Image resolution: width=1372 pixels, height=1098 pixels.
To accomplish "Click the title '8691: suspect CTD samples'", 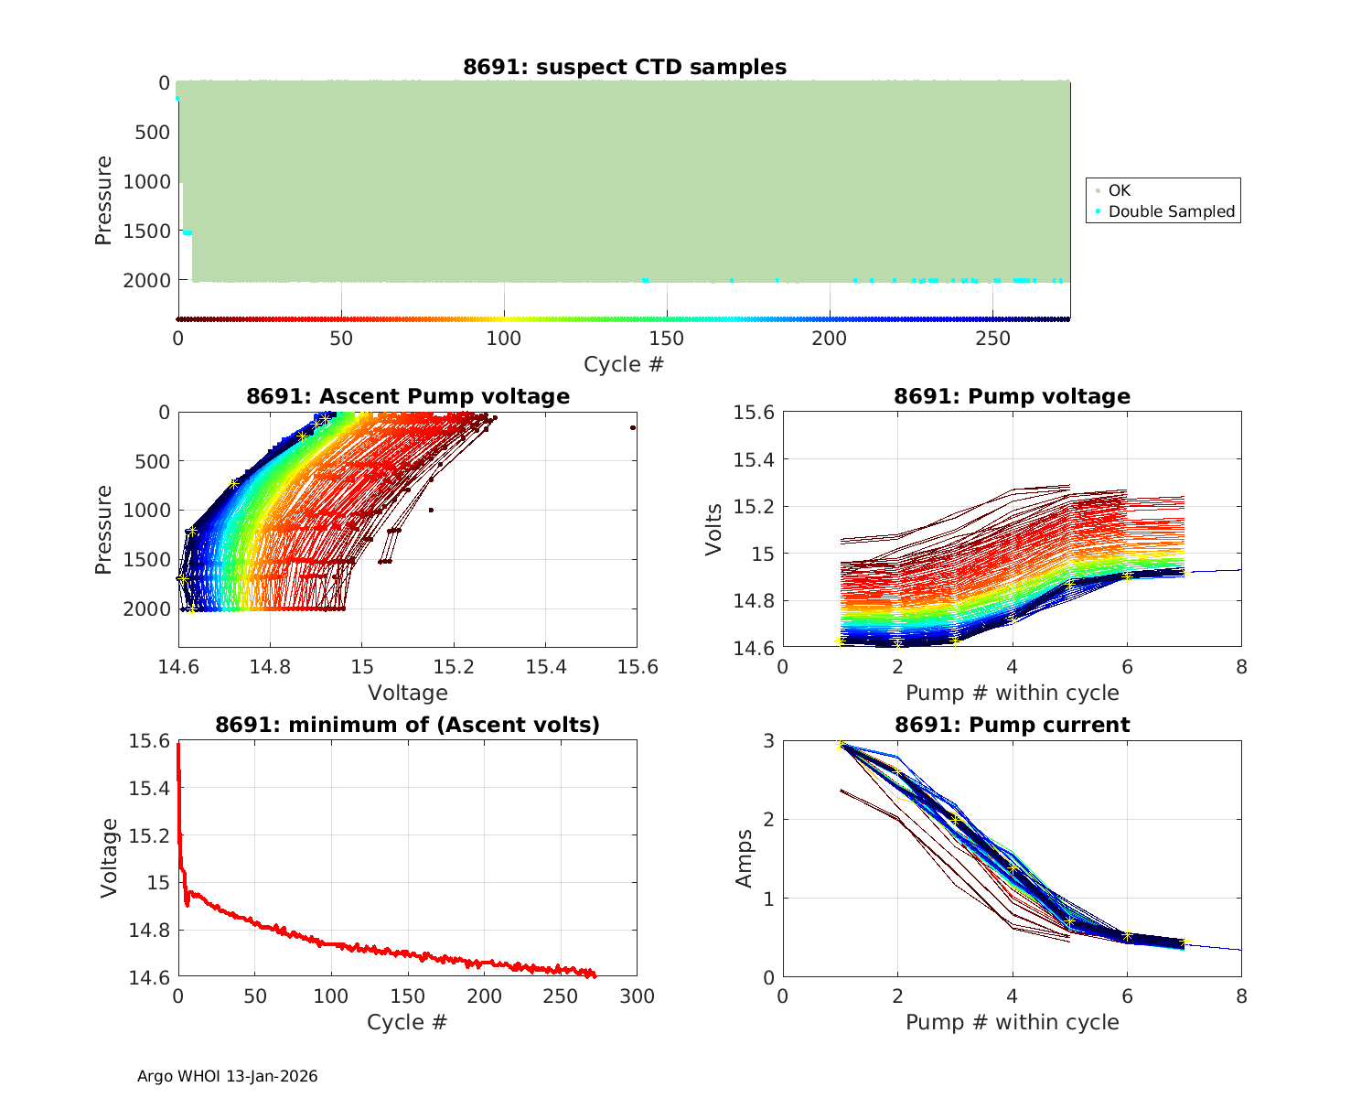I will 625,67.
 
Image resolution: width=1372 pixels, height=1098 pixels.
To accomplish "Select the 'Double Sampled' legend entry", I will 1171,211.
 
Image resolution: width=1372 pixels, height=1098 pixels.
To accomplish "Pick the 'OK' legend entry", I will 1119,190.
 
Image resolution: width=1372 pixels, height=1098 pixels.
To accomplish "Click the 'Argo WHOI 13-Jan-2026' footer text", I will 227,1076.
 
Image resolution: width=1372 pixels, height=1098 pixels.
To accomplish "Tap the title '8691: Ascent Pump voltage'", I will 408,396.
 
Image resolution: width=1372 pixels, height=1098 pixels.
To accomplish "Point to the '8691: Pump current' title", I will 1012,725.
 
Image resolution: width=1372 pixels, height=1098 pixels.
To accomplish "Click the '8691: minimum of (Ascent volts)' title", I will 408,725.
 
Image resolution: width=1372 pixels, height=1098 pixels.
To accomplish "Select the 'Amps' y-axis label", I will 745,858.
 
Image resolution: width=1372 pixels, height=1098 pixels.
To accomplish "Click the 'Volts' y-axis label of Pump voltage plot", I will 714,530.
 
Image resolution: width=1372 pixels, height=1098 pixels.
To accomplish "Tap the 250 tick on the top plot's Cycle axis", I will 993,339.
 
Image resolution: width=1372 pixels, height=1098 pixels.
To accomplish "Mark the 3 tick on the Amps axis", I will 768,740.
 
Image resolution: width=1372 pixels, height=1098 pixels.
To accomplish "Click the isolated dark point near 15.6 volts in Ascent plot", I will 633,427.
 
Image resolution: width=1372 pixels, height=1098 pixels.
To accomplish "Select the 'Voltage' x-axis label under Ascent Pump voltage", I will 408,693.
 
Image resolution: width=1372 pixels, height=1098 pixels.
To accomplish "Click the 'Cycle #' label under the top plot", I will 624,364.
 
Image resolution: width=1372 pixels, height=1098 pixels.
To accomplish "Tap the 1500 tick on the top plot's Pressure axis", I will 146,231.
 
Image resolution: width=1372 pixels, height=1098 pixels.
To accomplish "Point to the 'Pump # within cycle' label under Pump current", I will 1012,1022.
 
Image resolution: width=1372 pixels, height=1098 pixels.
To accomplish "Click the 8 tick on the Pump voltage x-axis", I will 1241,667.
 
